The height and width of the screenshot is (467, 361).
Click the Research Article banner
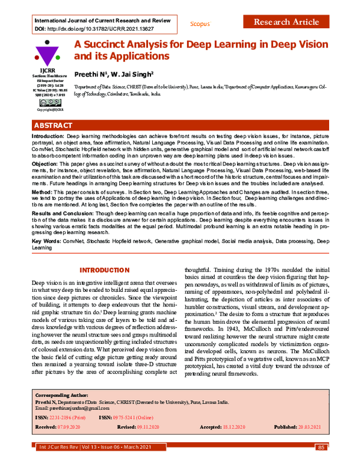[286, 22]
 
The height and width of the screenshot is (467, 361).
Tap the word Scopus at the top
[200, 24]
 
